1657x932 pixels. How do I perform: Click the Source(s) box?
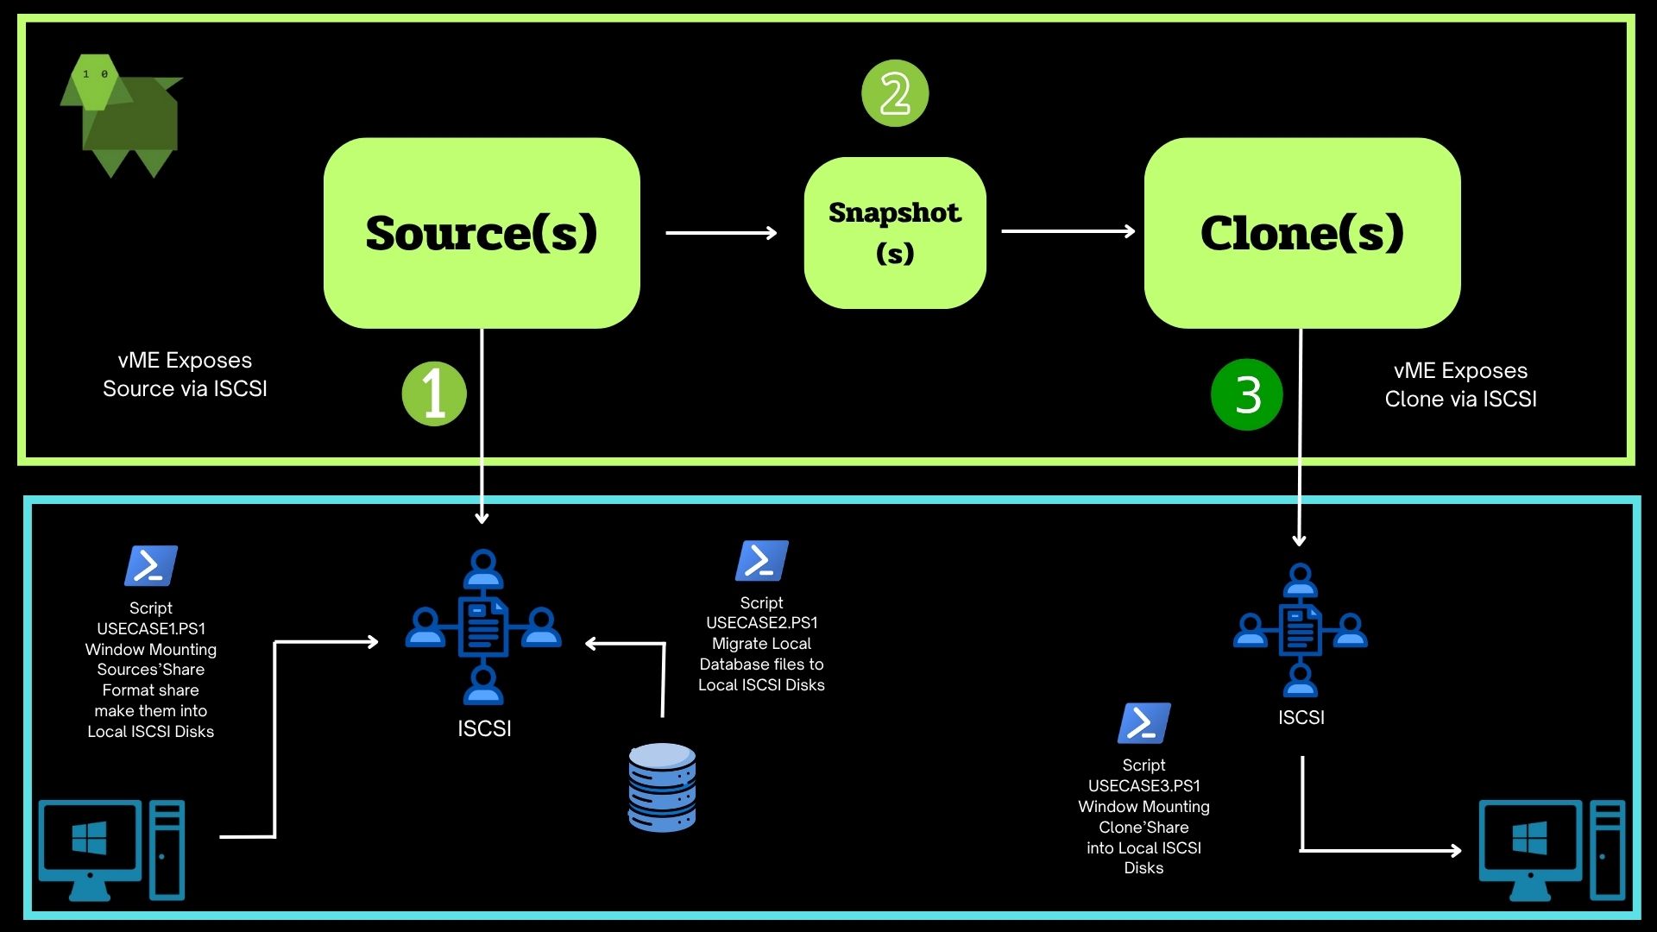[482, 233]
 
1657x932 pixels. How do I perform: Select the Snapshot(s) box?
[894, 233]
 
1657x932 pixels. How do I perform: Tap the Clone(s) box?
[1301, 233]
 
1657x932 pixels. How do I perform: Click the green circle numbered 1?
[434, 394]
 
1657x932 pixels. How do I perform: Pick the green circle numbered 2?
[895, 93]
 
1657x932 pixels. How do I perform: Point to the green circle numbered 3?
[1247, 395]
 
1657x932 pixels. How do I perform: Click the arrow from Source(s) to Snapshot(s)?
[721, 233]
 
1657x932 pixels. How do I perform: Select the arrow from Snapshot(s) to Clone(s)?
[1068, 231]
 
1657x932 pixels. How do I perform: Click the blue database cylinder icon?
[662, 787]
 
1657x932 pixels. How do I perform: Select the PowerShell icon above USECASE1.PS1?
[151, 566]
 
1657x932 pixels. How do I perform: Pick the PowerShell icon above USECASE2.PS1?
[761, 561]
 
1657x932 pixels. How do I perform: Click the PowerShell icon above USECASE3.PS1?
[1144, 723]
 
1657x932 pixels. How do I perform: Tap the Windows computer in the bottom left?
[112, 850]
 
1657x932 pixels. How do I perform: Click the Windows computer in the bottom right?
[1551, 850]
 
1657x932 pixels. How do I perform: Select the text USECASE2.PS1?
[761, 623]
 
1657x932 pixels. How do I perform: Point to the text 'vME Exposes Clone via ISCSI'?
[1460, 385]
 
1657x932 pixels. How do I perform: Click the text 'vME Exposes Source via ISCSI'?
[185, 375]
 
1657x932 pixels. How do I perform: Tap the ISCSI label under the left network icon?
[484, 729]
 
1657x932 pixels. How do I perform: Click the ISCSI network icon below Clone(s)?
[1300, 630]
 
